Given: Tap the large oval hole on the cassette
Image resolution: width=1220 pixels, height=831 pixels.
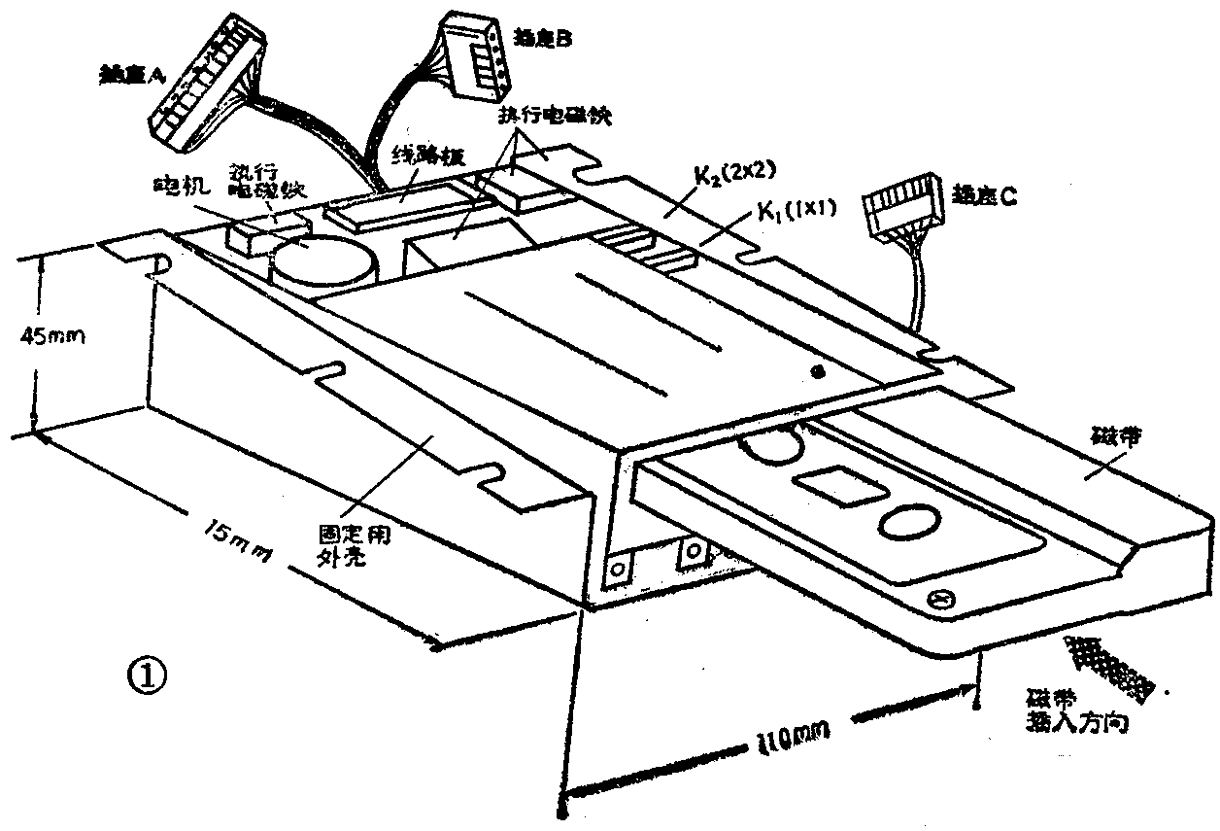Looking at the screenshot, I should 910,522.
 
